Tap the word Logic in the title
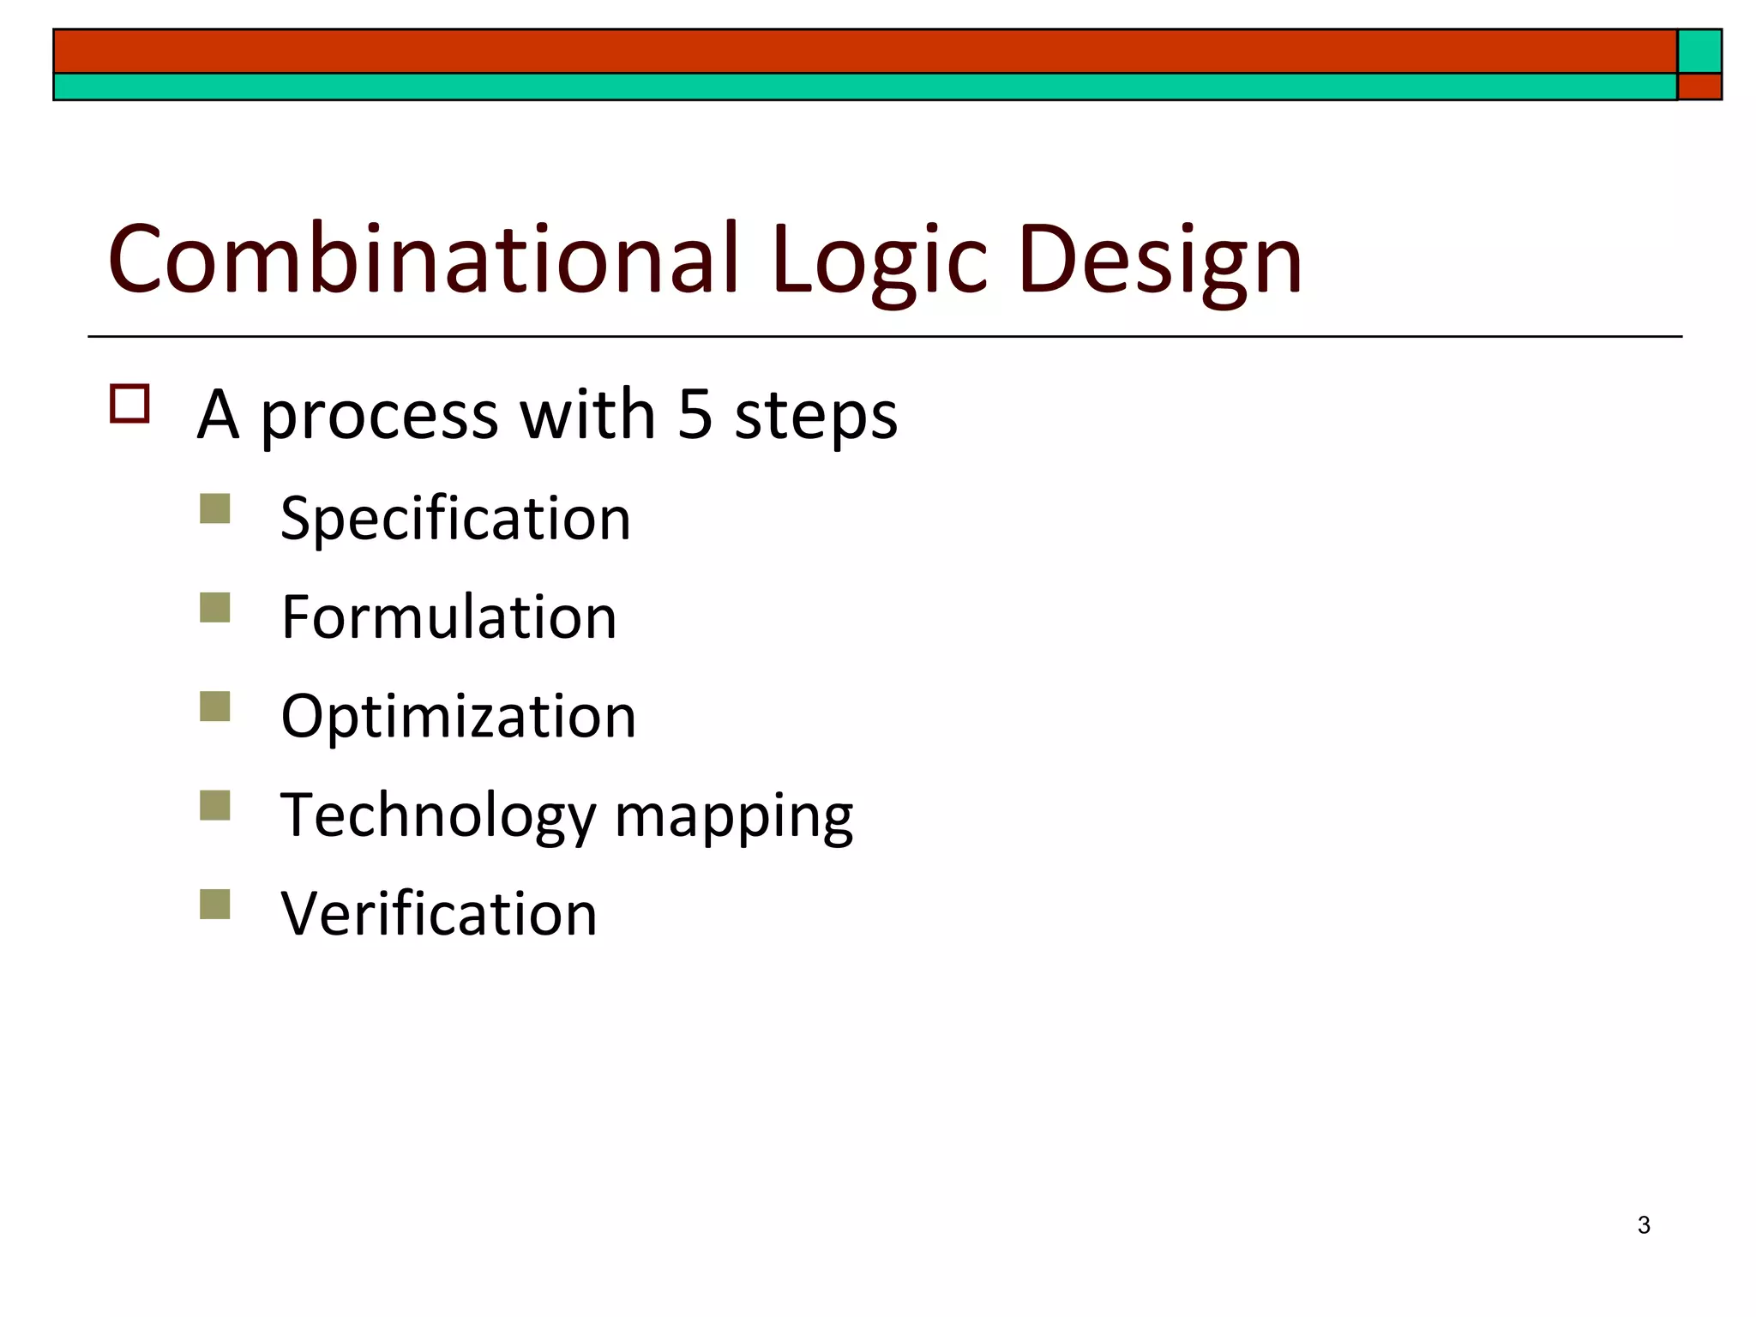[880, 261]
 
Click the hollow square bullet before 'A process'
[129, 403]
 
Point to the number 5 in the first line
[695, 414]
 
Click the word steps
[816, 417]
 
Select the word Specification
[455, 520]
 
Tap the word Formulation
[448, 617]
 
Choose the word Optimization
[458, 717]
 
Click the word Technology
[438, 816]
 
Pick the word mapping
[734, 818]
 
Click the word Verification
[438, 914]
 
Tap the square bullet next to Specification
[215, 508]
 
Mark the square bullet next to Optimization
[215, 707]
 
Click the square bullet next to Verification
[215, 904]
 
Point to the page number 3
[1643, 1225]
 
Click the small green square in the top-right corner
[1699, 51]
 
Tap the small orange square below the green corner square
[1699, 87]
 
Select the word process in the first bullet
[379, 417]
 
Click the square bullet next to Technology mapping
[215, 805]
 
